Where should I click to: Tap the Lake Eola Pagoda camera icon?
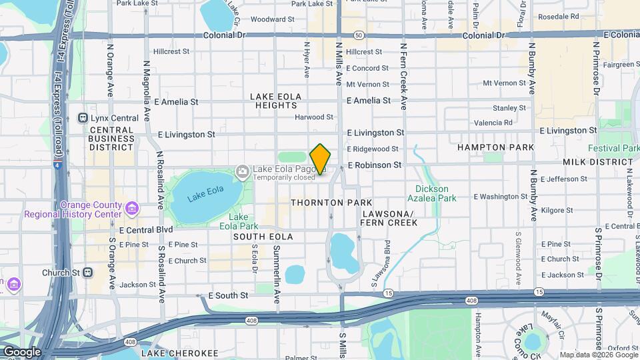(x=242, y=173)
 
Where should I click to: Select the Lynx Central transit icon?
(x=83, y=118)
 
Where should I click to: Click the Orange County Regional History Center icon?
(x=132, y=209)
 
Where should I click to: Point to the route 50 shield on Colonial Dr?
(x=359, y=35)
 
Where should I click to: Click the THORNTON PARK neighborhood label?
(x=325, y=202)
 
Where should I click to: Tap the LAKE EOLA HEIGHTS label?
(x=275, y=101)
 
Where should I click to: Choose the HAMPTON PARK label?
(x=496, y=147)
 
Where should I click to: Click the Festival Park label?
(x=613, y=148)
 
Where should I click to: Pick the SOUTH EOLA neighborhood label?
(x=263, y=237)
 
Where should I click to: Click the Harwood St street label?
(x=315, y=117)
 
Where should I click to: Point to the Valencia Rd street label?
(x=493, y=123)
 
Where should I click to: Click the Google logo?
(x=22, y=352)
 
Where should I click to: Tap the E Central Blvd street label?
(x=145, y=230)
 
